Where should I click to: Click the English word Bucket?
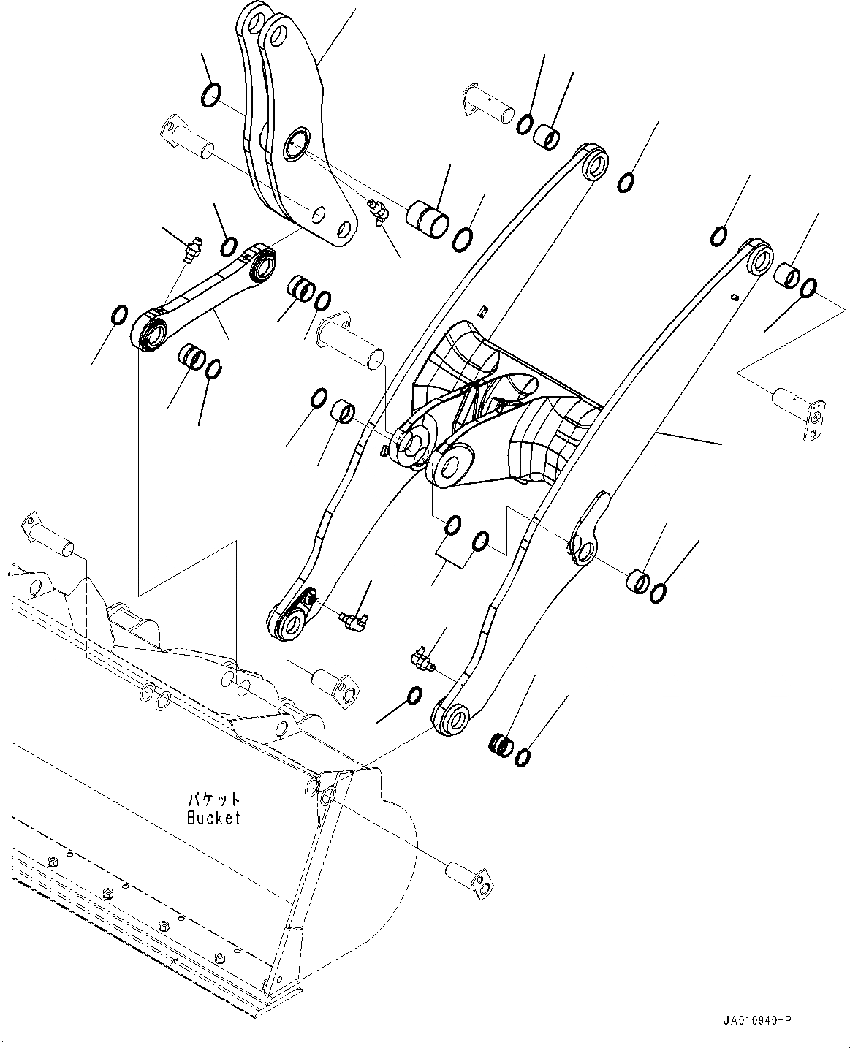pos(213,818)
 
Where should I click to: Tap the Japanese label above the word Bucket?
pos(213,800)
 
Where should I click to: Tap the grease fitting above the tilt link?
pos(191,248)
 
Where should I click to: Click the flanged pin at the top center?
pos(487,103)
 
